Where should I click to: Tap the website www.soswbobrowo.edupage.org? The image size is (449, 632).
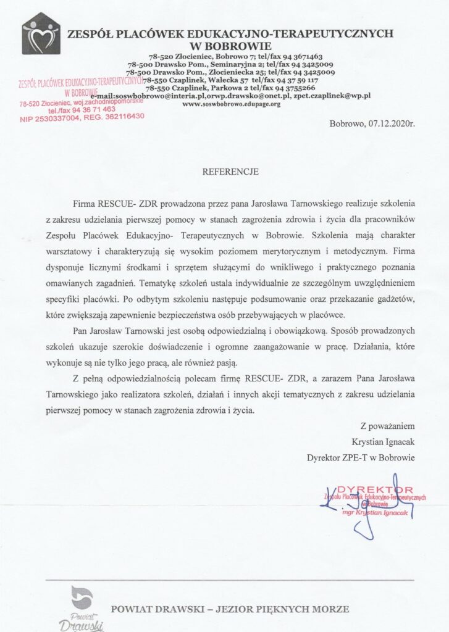coord(232,104)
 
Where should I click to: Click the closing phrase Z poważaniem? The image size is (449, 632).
coord(387,426)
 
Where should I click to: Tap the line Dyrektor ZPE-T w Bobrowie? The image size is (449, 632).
coord(361,457)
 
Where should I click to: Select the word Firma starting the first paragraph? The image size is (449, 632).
coord(85,203)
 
